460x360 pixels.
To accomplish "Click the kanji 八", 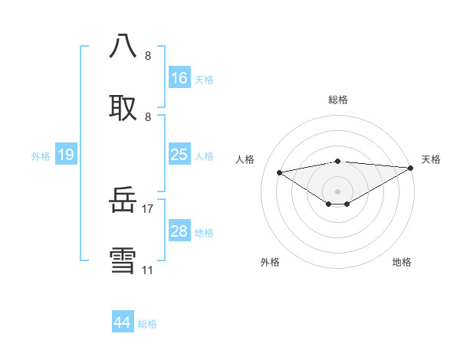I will [x=123, y=46].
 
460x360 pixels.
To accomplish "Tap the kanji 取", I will [x=123, y=106].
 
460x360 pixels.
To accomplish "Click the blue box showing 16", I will [x=179, y=78].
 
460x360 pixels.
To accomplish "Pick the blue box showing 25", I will [x=179, y=155].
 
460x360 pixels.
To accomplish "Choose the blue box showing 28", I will [x=179, y=231].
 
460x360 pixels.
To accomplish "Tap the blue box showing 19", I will [x=66, y=155].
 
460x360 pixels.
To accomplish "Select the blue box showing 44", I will [x=123, y=322].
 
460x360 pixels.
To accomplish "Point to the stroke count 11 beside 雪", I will [x=148, y=270].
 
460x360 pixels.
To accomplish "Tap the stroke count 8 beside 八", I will [x=148, y=56].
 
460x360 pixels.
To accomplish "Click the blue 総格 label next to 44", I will [x=147, y=324].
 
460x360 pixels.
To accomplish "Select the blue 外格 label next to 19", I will [x=41, y=156].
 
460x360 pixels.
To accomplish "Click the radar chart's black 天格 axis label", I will [x=431, y=159].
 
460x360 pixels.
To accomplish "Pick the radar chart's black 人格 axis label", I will [x=245, y=159].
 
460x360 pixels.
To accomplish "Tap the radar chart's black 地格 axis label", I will [x=402, y=262].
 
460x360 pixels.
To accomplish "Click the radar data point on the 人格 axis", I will [x=279, y=172].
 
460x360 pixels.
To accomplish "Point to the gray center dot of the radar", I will [x=337, y=191].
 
